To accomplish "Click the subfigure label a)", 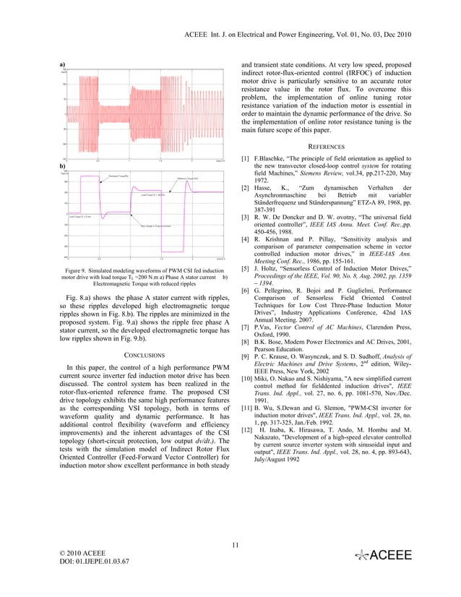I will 62,66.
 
